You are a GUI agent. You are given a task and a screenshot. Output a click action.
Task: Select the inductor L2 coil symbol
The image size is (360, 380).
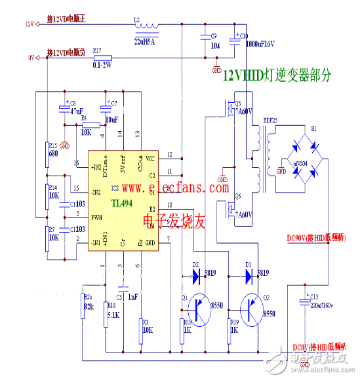(148, 27)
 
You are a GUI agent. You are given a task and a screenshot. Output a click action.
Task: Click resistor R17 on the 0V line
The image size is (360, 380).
(104, 58)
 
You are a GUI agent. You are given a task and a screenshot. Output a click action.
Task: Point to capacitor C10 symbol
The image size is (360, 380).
(235, 41)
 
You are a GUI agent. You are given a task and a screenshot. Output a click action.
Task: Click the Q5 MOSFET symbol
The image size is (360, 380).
(230, 109)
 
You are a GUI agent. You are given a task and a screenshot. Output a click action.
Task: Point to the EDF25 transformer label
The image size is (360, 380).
(271, 120)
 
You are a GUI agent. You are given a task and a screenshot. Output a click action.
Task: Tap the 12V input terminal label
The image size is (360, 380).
(30, 24)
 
